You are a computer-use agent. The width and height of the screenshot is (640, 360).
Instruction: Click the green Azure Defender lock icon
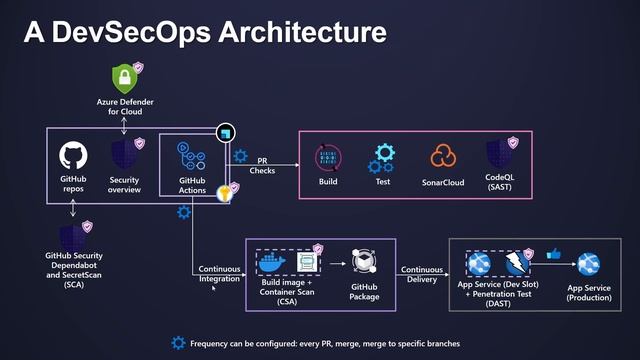(124, 77)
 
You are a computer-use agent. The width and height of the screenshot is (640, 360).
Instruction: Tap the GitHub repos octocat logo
(73, 155)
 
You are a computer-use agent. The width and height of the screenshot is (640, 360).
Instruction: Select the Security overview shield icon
(124, 155)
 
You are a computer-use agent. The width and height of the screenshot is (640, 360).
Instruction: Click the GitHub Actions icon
(192, 155)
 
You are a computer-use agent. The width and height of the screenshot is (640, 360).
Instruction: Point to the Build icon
(328, 157)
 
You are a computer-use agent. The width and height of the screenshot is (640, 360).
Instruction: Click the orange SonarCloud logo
(443, 157)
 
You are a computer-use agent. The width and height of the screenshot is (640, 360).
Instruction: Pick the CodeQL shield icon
(499, 156)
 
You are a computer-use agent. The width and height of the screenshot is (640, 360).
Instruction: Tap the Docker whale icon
(272, 263)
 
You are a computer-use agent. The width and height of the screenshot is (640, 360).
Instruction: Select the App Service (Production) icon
(587, 264)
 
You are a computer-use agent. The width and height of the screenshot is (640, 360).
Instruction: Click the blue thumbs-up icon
(553, 254)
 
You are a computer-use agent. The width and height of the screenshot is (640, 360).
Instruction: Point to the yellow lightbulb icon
(226, 193)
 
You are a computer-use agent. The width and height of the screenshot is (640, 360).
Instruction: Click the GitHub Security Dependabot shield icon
(73, 238)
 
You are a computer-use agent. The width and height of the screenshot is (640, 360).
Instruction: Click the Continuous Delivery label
(422, 275)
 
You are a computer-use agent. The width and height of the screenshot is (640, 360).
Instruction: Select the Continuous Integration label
(220, 274)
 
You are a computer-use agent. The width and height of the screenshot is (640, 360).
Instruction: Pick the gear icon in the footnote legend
(178, 342)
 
